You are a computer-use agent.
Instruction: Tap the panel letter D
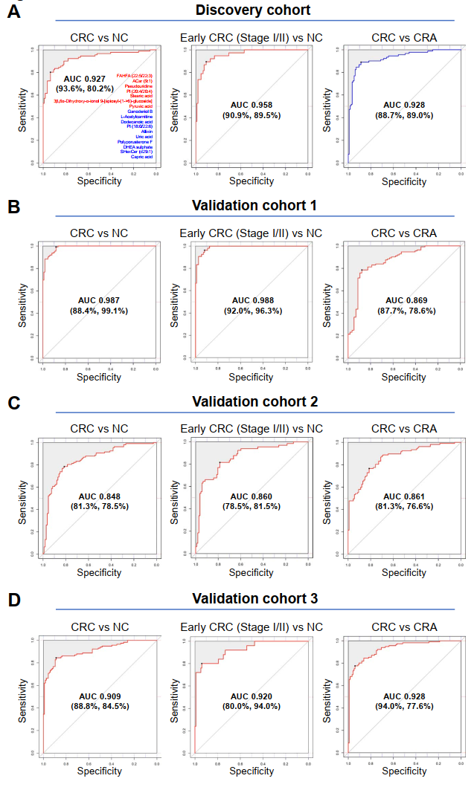(x=13, y=599)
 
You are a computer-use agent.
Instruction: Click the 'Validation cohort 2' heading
(x=254, y=401)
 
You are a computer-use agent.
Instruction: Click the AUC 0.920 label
(x=252, y=697)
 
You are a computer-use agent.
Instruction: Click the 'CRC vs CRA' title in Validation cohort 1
(x=404, y=233)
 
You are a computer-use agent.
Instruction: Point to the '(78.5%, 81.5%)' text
(x=252, y=506)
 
